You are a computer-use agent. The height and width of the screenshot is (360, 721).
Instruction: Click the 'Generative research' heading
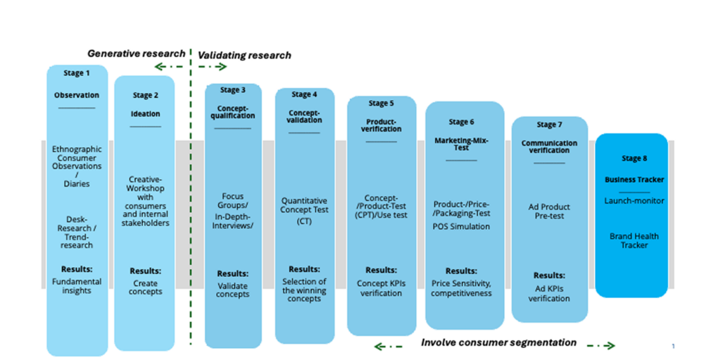(x=136, y=54)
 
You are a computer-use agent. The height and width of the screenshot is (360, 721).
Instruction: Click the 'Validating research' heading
(x=244, y=55)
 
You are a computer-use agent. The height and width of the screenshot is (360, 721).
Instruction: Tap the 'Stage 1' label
(x=77, y=73)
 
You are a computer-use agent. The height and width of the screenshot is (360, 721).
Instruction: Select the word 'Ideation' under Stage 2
(x=145, y=113)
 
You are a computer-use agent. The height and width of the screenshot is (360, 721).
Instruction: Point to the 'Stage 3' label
(x=233, y=90)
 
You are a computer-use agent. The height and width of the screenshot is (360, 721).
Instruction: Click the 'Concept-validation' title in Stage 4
(x=304, y=116)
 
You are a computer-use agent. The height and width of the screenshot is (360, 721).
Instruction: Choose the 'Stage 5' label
(x=382, y=104)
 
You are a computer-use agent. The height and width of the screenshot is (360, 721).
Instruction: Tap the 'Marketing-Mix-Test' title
(x=461, y=144)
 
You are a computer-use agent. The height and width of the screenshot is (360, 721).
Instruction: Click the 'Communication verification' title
(x=549, y=147)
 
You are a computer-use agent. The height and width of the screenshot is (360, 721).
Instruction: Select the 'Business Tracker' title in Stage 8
(x=634, y=180)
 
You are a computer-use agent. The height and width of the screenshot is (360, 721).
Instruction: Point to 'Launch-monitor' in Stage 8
(x=634, y=201)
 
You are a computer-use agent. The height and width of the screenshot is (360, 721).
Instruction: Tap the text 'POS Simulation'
(x=461, y=226)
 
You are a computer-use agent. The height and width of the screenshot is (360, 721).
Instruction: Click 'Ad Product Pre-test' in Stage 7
(x=549, y=212)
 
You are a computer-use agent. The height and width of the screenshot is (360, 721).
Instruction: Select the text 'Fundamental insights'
(x=77, y=286)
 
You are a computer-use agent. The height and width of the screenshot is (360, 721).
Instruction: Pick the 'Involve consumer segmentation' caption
(x=499, y=343)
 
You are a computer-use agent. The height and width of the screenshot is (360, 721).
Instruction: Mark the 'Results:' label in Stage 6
(x=461, y=271)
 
